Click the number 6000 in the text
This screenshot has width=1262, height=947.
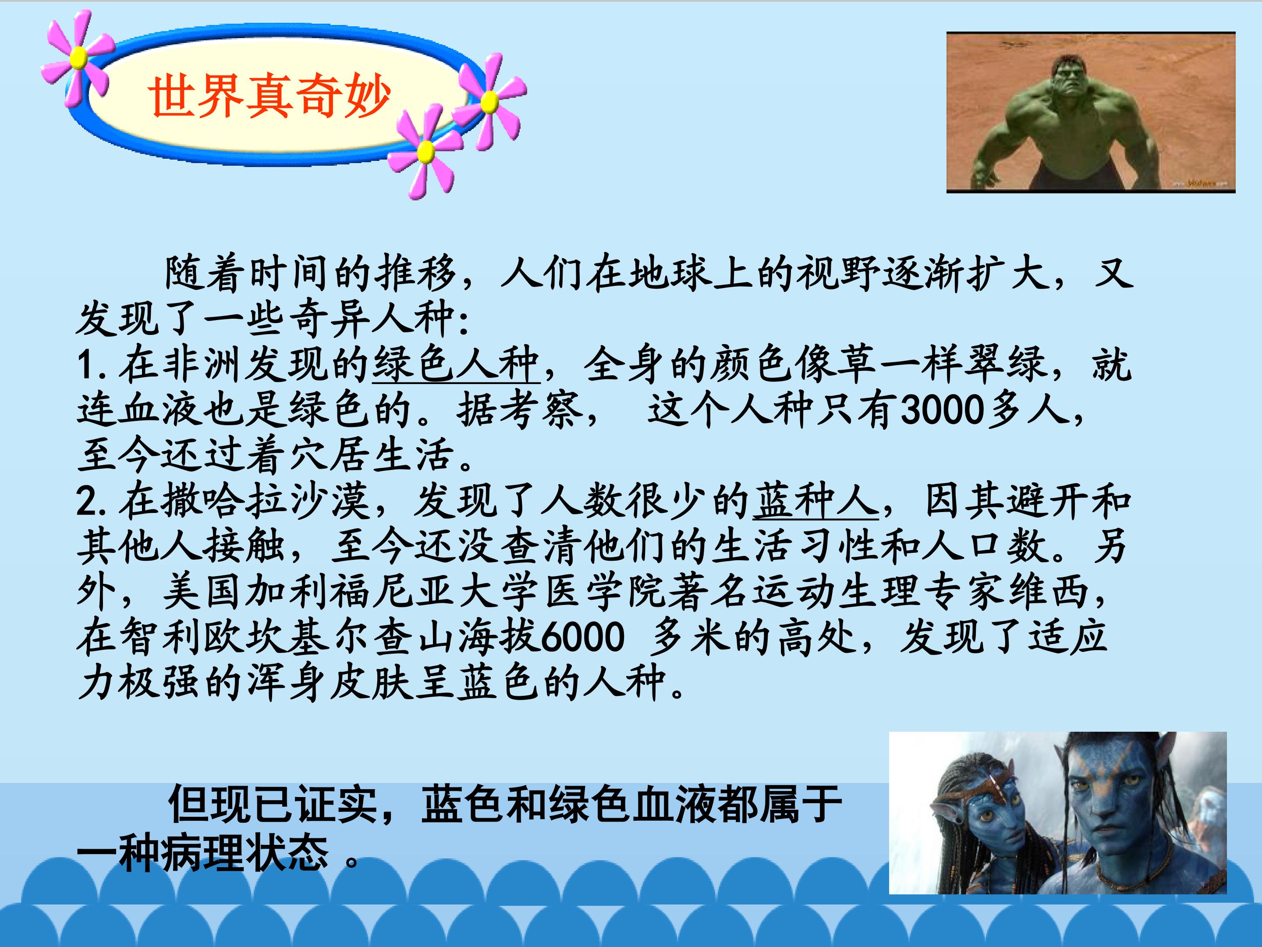coord(582,637)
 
